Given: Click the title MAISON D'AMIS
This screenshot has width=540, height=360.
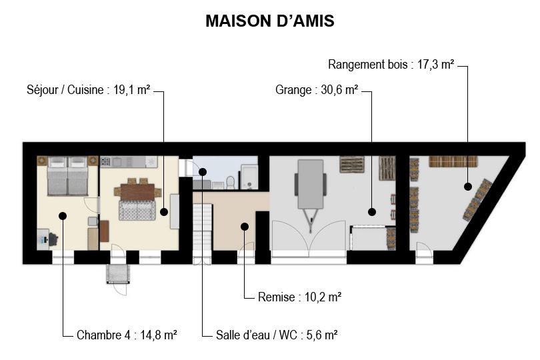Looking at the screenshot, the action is (269, 21).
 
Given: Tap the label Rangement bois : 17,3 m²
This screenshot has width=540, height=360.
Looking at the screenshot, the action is (391, 65).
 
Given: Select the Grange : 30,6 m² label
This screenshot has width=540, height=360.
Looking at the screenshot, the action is (317, 90).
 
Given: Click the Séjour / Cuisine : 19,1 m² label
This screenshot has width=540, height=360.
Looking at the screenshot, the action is (88, 90).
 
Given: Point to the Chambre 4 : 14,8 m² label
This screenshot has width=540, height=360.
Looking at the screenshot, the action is (127, 335).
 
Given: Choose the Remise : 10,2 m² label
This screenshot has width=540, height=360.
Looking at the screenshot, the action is (299, 297).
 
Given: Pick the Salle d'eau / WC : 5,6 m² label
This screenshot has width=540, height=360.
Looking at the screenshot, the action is (277, 335).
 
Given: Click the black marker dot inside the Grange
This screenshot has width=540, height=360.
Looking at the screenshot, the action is (371, 212).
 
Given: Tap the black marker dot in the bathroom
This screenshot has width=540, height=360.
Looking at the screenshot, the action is (203, 171).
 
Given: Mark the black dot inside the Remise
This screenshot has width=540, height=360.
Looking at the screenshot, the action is (245, 227).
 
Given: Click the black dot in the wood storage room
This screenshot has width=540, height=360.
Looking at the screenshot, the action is (468, 187).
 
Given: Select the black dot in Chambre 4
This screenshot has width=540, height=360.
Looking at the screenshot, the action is (63, 215).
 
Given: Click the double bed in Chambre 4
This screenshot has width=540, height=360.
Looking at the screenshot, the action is (67, 176).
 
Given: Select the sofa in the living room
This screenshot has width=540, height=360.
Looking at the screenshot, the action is (137, 210).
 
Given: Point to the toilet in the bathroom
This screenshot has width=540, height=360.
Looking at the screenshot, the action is (231, 182).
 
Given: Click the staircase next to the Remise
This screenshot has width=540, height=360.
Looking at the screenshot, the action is (202, 227).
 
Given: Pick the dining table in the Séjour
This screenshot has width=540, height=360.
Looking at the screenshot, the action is (137, 192).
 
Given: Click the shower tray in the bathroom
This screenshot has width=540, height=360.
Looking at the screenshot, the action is (249, 177).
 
